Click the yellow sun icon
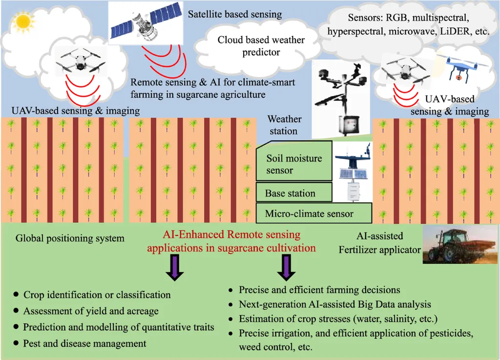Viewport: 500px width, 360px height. click(x=22, y=21)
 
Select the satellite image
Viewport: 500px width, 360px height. click(x=142, y=22)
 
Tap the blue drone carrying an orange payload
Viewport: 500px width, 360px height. click(x=458, y=66)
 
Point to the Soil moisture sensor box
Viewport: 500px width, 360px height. click(x=293, y=164)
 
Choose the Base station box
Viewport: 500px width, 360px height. click(x=293, y=193)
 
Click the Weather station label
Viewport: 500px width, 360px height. click(x=284, y=125)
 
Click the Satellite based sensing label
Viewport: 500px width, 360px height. click(x=235, y=14)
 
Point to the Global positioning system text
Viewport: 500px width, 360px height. click(x=70, y=239)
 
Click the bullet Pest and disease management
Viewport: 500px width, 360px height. click(x=84, y=343)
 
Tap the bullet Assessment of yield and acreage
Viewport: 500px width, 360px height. click(x=91, y=311)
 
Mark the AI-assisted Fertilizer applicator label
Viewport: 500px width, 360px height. click(x=379, y=243)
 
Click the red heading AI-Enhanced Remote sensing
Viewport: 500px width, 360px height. click(x=231, y=234)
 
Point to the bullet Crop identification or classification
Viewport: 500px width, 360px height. click(x=97, y=295)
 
